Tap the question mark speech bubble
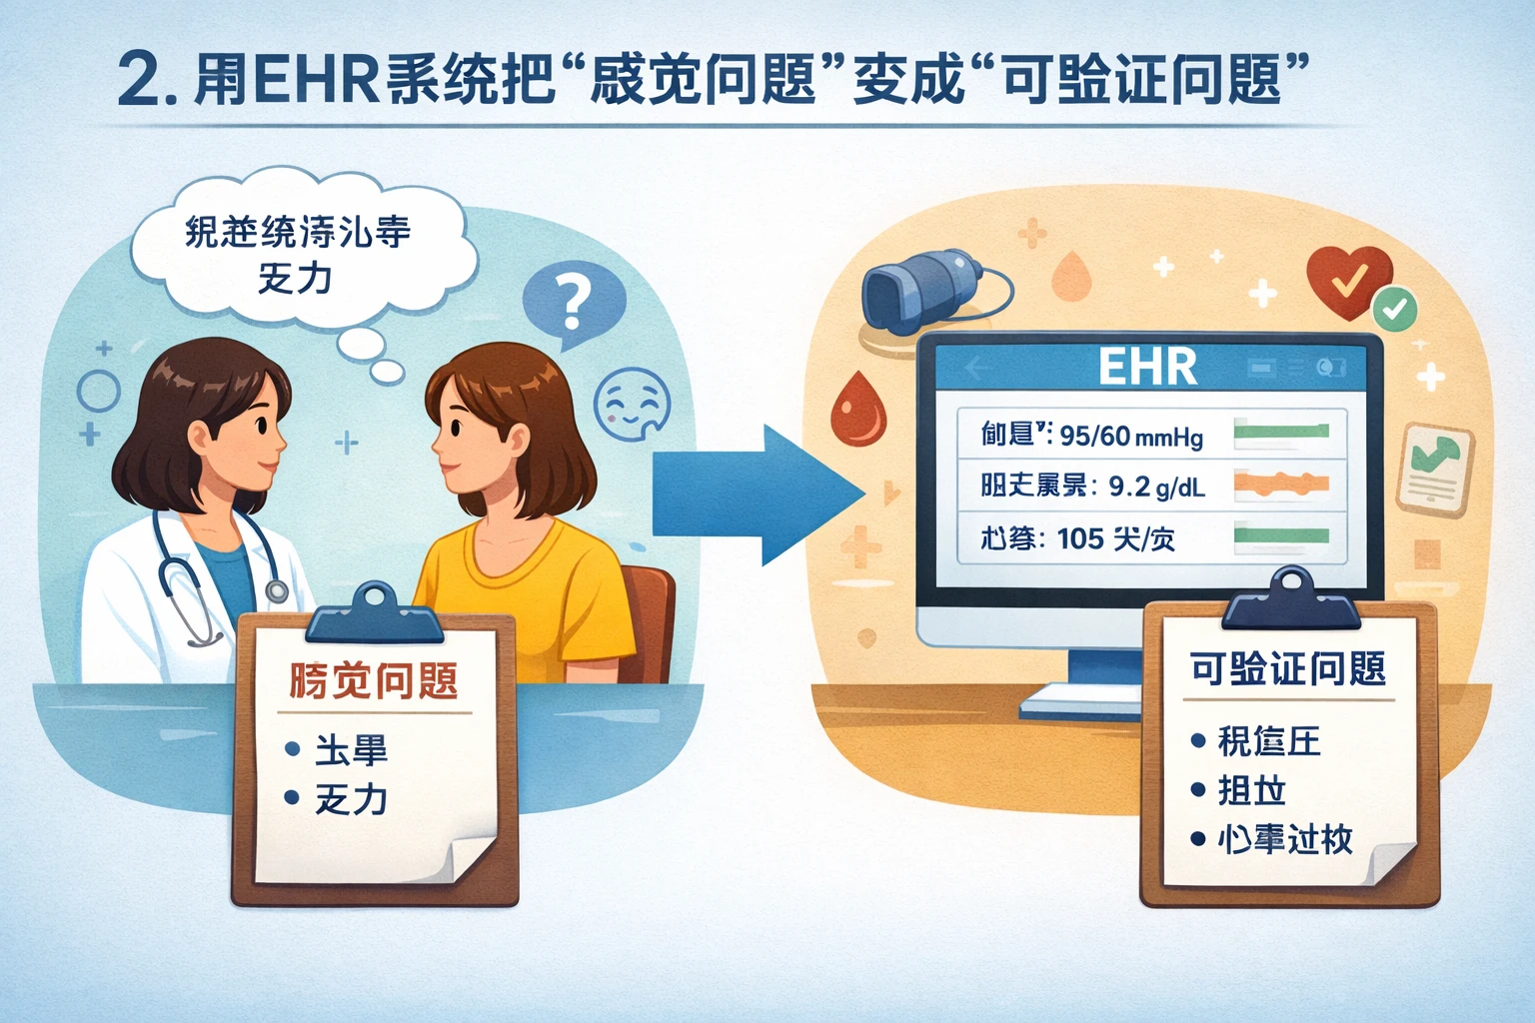click(573, 301)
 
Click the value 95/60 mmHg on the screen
click(1130, 437)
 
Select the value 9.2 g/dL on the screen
click(1156, 487)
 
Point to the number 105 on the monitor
click(1079, 539)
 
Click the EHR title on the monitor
click(1147, 368)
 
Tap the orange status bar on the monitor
click(1281, 485)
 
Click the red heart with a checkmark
click(1347, 280)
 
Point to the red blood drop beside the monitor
click(857, 410)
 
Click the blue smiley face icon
click(632, 405)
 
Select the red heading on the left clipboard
click(373, 681)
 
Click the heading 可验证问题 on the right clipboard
click(1287, 668)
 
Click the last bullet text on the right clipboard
click(1284, 839)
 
